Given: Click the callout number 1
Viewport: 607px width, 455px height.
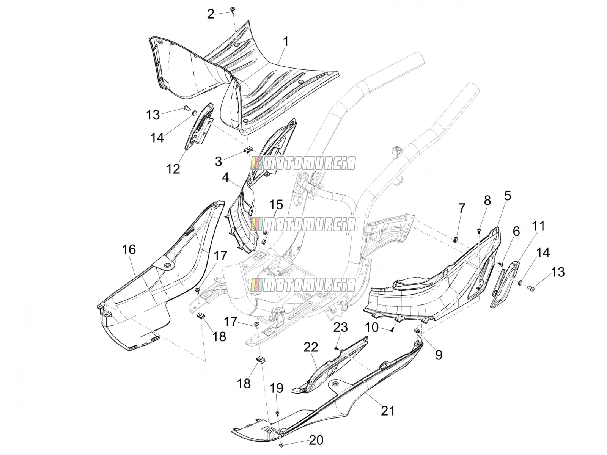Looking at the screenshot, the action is tap(286, 42).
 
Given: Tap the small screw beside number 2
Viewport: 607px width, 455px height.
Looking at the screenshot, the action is tap(233, 10).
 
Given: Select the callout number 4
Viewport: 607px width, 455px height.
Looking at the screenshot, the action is tap(226, 177).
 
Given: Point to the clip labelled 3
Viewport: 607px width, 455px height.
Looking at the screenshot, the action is tap(248, 150).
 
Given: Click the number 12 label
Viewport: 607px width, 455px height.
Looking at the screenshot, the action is tap(173, 168).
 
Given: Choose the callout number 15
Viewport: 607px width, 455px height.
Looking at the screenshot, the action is tap(276, 205).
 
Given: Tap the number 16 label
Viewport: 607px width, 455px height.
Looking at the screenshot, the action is tap(129, 250).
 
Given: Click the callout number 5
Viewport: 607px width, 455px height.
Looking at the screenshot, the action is tap(508, 196).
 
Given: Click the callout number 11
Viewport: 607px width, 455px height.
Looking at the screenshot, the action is tap(538, 226).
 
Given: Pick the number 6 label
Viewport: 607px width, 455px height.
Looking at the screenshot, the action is tap(516, 231).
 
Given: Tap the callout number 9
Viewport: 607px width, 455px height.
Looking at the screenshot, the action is tap(439, 355).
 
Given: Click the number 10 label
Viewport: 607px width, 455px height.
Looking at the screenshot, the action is tap(372, 327).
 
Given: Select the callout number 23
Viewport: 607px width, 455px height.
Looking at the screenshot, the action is tap(340, 327).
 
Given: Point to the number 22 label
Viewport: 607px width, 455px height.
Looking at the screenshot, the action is tap(311, 347).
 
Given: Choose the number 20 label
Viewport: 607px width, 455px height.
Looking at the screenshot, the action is tap(316, 440).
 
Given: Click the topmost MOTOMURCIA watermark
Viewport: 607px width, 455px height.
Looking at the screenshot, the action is tap(303, 163).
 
